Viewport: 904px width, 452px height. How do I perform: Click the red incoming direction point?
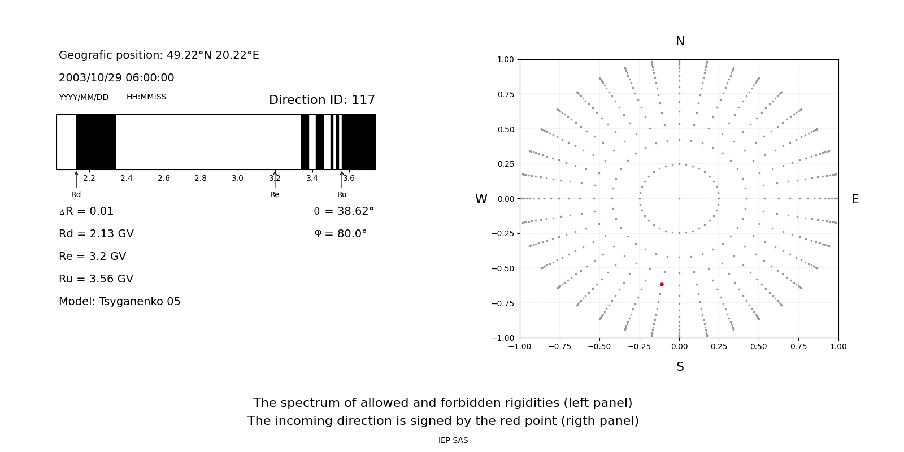coord(662,284)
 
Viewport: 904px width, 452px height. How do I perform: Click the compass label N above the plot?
coord(680,41)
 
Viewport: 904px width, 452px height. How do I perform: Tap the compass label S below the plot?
coord(680,367)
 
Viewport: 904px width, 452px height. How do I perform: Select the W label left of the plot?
coord(481,199)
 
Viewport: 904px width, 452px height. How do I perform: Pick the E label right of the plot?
coord(855,199)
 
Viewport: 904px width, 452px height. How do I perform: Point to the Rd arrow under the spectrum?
coord(76,180)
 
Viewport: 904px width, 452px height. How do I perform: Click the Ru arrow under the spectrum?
coord(342,180)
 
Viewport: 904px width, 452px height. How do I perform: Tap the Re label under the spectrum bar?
coord(275,195)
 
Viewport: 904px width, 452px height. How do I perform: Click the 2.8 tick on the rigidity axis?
coord(201,179)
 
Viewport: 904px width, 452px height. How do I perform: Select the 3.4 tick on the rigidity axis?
coord(312,179)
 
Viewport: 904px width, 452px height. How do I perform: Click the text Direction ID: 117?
coord(321,100)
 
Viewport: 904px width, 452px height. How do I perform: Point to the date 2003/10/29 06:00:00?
coord(116,78)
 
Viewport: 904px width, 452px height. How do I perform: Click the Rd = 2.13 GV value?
coord(96,234)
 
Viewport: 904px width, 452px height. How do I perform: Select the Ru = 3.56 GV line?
coord(96,279)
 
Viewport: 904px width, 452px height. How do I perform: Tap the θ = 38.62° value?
coord(344,211)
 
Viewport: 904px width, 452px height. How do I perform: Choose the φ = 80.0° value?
coord(341,234)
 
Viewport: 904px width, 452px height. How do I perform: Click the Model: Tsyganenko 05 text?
coord(120,302)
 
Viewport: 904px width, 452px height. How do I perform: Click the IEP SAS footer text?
coord(453,441)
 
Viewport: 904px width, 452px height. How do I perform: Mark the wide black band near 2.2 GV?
coord(96,142)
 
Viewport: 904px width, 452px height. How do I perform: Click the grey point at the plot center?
coord(679,198)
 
